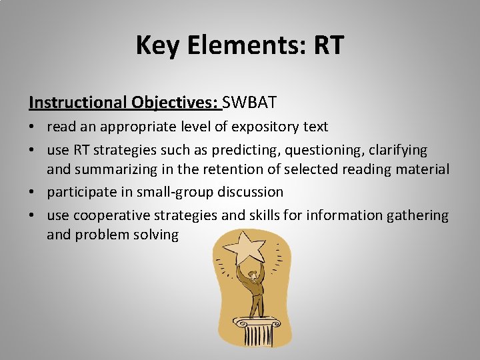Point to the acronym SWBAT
pyautogui.click(x=250, y=103)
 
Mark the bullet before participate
pyautogui.click(x=33, y=193)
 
